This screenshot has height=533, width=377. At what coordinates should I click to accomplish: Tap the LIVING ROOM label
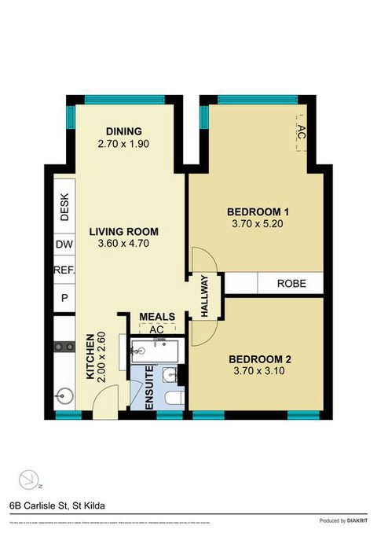click(123, 232)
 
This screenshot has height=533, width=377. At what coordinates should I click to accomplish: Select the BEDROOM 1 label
click(258, 211)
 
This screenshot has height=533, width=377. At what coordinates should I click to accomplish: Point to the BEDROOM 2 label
click(258, 359)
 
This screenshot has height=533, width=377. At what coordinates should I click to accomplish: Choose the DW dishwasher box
click(64, 245)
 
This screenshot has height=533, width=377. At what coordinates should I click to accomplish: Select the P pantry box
click(64, 298)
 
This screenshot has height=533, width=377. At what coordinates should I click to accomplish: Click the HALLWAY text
click(205, 296)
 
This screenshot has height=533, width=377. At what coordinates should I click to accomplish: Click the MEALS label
click(156, 317)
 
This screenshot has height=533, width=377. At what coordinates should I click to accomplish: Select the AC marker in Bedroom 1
click(301, 130)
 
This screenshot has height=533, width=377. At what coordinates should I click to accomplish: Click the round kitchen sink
click(65, 395)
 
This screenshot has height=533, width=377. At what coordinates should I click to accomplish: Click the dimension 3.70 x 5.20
click(258, 224)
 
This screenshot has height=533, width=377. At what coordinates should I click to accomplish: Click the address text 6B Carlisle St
click(56, 505)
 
